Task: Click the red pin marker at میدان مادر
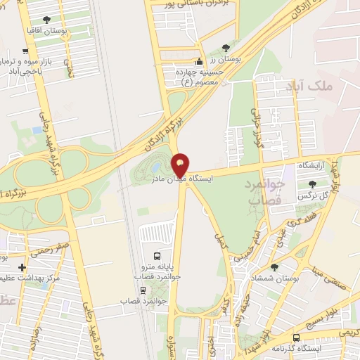pos(181,165)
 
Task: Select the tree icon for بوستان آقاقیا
pos(46,20)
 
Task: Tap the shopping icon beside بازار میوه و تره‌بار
pos(26,51)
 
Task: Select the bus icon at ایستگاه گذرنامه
pos(296,337)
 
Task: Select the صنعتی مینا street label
pos(328,271)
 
